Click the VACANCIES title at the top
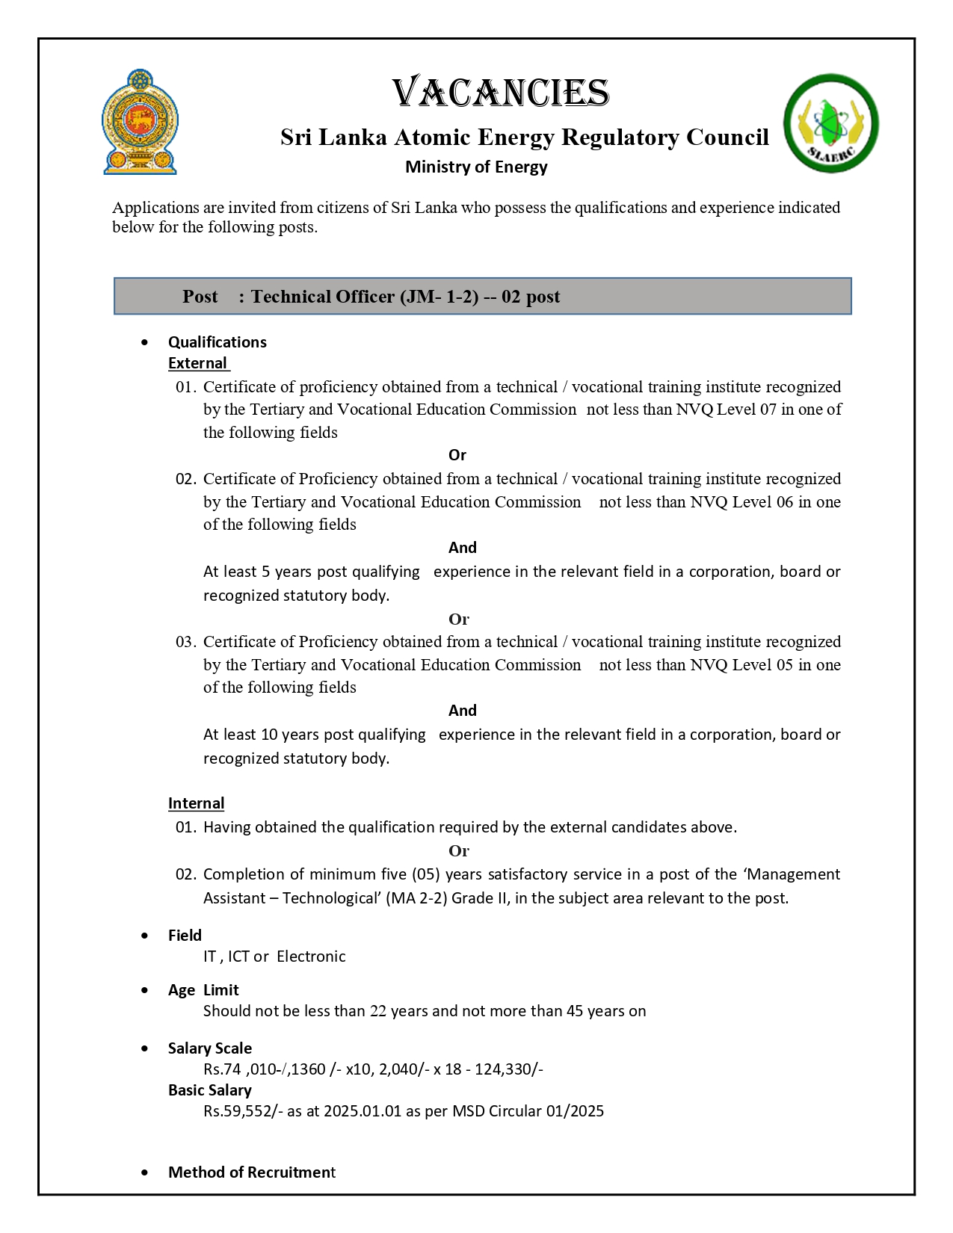click(x=500, y=93)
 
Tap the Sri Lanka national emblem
click(x=140, y=123)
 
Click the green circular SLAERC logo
click(x=830, y=123)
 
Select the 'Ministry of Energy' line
click(x=476, y=167)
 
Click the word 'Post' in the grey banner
click(x=200, y=297)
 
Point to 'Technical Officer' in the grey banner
click(x=322, y=297)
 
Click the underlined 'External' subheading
click(x=197, y=363)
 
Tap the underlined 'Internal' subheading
click(x=196, y=803)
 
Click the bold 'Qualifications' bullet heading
click(x=217, y=342)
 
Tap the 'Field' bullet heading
click(x=185, y=936)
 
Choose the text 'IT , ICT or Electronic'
click(x=274, y=957)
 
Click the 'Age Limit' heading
click(x=203, y=990)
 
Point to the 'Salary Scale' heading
click(x=209, y=1048)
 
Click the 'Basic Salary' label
click(x=209, y=1090)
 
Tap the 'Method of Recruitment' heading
click(x=251, y=1172)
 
